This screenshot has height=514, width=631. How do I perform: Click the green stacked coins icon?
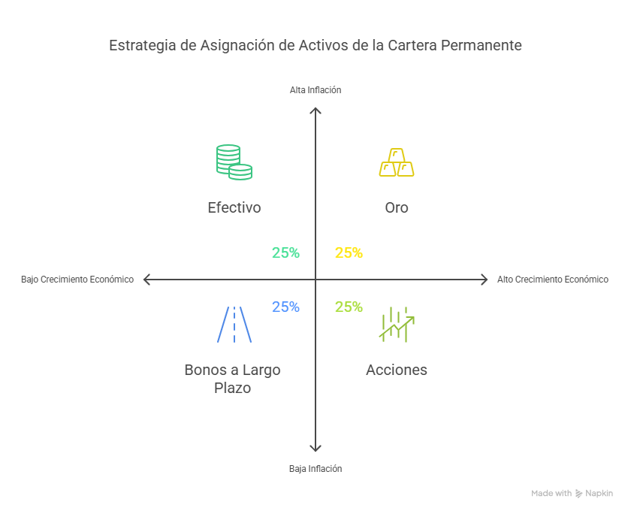[234, 162]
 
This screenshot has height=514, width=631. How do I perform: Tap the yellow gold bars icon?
[396, 162]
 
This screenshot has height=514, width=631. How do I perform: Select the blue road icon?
[234, 324]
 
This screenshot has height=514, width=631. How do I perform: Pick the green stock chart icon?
[397, 324]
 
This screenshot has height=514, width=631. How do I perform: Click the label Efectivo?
[234, 207]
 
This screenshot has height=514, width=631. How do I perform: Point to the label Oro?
[397, 207]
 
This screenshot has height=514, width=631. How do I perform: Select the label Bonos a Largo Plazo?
[232, 379]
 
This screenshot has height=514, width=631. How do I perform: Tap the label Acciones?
[397, 370]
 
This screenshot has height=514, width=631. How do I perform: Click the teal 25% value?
[285, 253]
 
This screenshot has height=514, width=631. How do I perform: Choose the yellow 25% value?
[349, 253]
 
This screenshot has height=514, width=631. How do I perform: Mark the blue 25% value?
[285, 307]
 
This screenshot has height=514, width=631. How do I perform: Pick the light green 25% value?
[349, 307]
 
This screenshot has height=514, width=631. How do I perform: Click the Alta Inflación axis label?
[315, 90]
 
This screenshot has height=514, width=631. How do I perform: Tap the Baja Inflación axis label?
[315, 468]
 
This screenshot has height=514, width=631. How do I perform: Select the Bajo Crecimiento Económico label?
[77, 280]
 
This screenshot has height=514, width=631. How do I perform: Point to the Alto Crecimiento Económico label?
[553, 280]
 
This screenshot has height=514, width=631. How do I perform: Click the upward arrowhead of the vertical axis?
[315, 110]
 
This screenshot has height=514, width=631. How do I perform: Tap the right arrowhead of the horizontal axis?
[485, 280]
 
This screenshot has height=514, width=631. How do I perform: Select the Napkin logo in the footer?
[594, 494]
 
